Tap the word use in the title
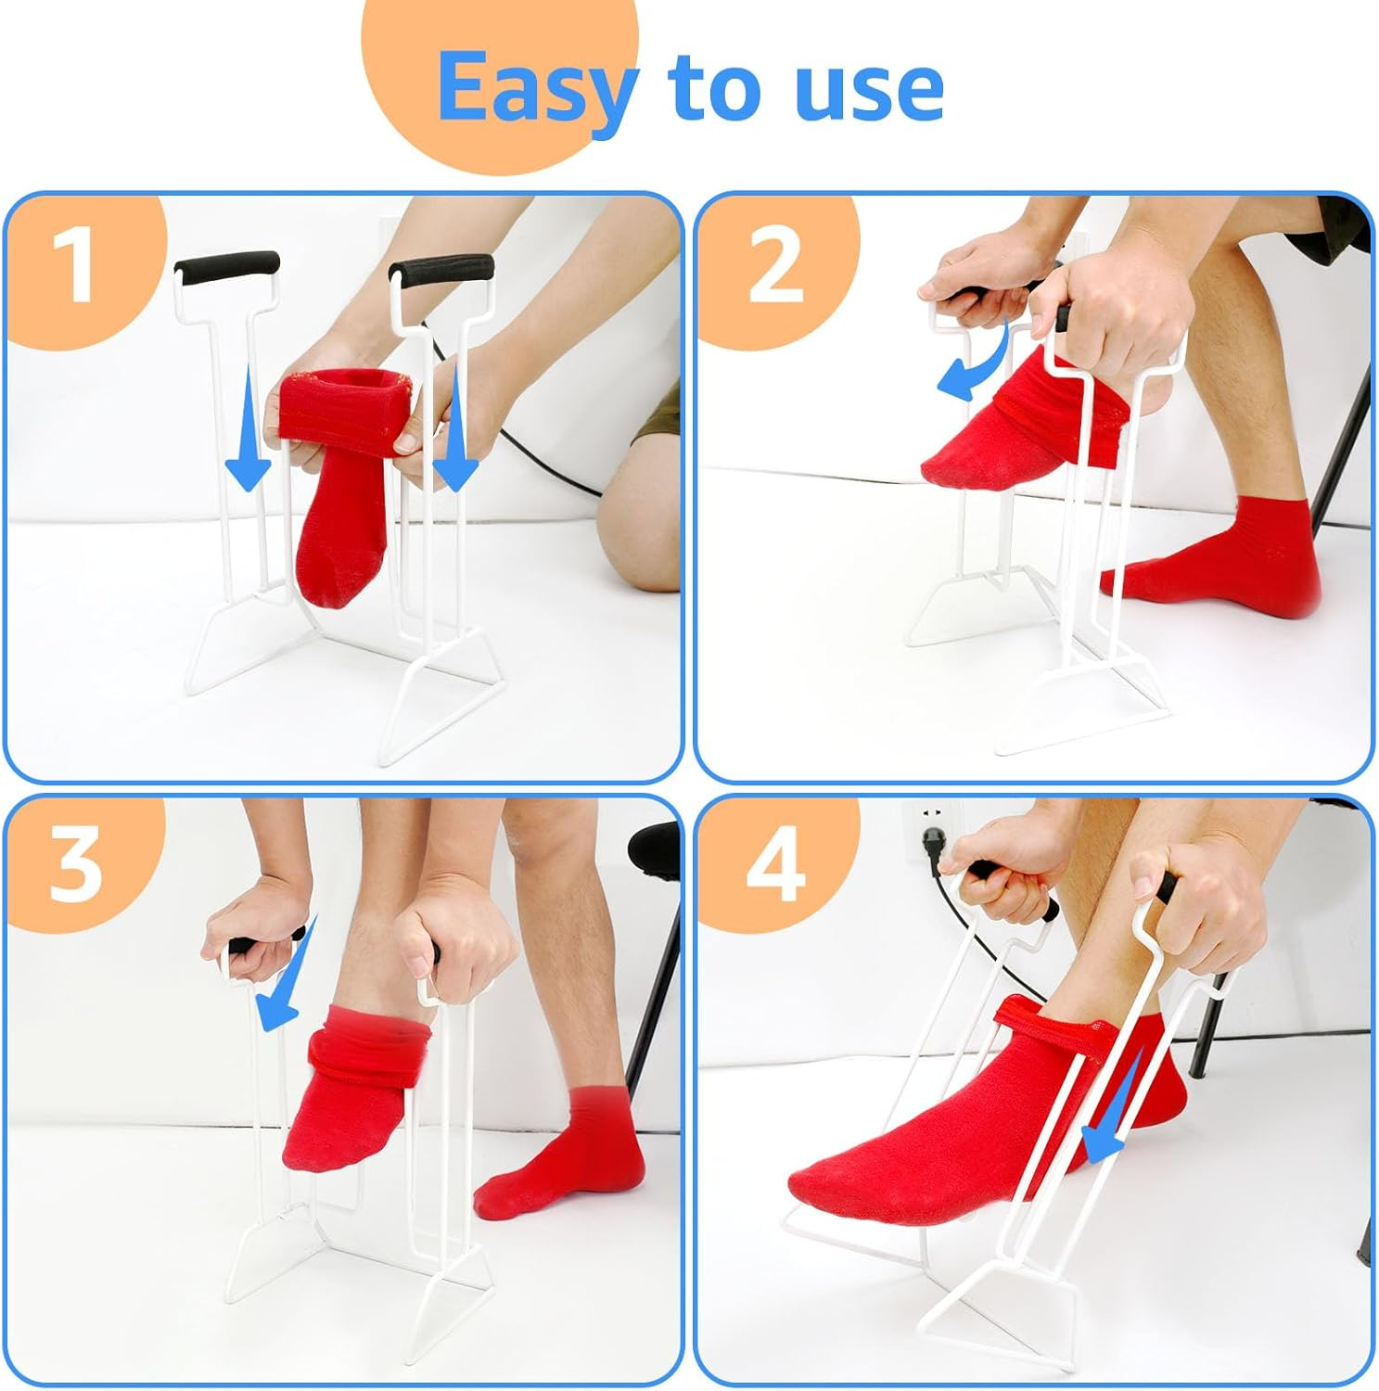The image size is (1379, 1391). (868, 88)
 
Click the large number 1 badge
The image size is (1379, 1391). (73, 265)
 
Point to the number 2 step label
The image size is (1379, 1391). (775, 267)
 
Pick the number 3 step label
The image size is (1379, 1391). (74, 865)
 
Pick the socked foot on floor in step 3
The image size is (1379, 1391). (566, 1159)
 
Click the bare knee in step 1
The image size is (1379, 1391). (640, 529)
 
